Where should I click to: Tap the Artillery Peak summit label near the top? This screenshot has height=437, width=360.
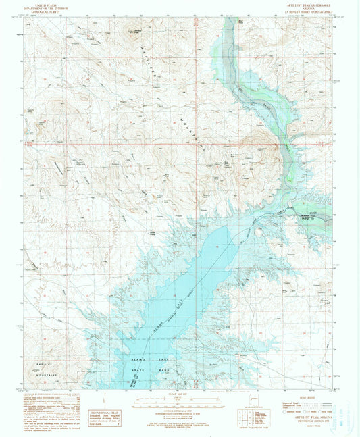tap(138, 31)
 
